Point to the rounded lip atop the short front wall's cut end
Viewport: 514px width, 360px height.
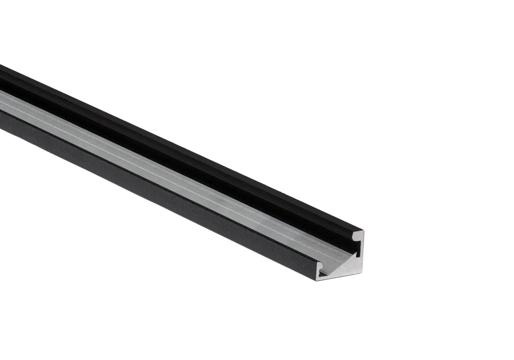(319, 264)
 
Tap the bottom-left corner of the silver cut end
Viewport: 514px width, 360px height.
(317, 280)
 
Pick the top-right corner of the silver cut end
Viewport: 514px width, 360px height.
(364, 231)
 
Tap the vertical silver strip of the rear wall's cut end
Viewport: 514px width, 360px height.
(361, 253)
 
